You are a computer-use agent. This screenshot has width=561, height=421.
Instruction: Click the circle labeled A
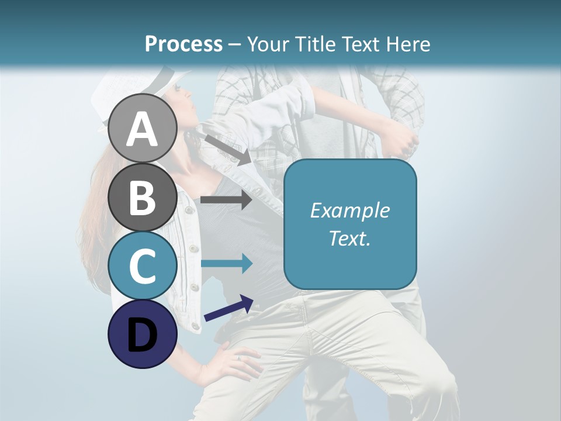(x=143, y=129)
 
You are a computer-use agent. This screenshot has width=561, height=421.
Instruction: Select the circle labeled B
(x=143, y=197)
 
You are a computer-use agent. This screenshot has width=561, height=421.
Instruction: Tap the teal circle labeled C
(x=143, y=265)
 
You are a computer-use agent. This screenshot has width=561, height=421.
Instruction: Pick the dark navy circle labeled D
(x=143, y=333)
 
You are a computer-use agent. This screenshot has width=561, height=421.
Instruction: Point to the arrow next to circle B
(x=226, y=200)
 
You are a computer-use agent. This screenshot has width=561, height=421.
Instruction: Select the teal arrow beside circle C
(x=226, y=264)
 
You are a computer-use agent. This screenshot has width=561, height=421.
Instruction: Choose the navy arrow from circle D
(x=228, y=308)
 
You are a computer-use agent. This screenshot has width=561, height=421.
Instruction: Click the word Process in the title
(x=183, y=44)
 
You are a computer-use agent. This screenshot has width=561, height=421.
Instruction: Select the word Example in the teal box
(x=349, y=210)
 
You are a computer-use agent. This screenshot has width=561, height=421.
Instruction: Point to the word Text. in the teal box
(x=349, y=238)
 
